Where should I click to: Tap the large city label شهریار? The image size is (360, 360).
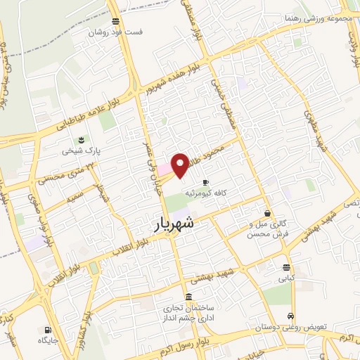tap(176, 226)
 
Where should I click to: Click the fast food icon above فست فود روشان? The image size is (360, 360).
tap(115, 21)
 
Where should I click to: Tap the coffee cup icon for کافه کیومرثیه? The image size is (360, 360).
tap(205, 181)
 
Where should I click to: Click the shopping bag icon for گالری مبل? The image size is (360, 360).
tap(267, 213)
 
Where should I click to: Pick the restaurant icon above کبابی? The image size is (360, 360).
tap(286, 266)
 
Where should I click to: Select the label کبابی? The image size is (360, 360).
tap(286, 278)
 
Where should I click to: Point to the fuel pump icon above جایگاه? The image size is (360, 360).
tap(46, 329)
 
